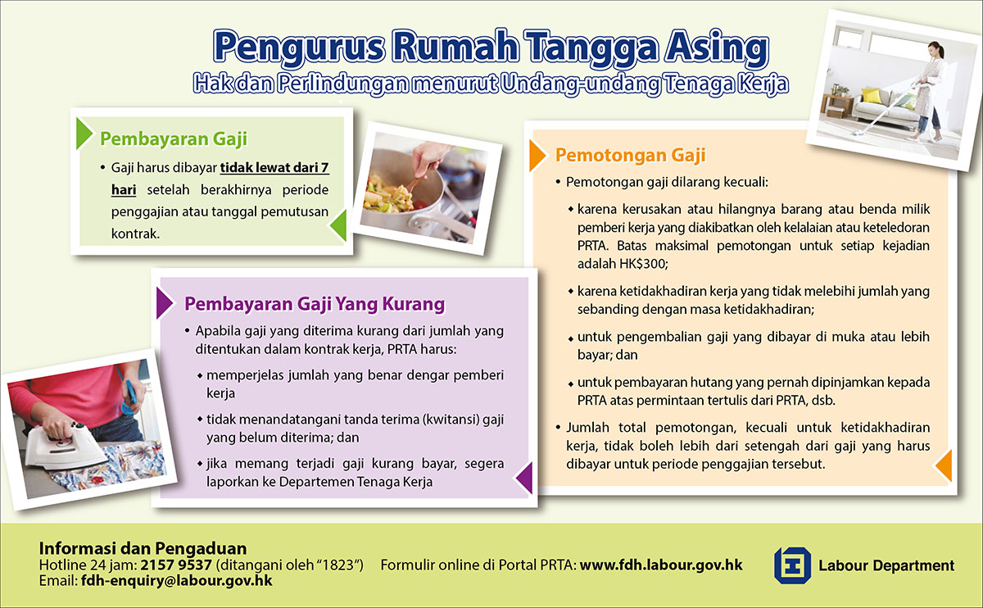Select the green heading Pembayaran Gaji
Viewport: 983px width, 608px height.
174,138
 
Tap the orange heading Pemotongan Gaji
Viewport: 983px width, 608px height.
630,155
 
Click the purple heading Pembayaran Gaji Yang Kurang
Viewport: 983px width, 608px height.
315,303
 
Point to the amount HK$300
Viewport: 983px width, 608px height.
642,264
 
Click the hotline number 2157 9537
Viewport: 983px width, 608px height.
176,565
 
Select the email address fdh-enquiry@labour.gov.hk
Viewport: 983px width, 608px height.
176,580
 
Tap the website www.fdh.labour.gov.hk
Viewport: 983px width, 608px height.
661,565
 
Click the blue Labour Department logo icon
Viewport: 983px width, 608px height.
792,565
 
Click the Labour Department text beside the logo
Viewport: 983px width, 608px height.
886,565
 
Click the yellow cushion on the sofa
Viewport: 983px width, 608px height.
871,95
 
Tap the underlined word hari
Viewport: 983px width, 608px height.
124,190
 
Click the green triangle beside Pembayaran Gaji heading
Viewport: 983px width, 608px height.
84,134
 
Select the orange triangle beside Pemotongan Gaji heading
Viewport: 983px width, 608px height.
537,156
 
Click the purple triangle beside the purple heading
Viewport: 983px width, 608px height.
165,303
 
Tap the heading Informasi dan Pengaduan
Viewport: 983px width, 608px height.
143,548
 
